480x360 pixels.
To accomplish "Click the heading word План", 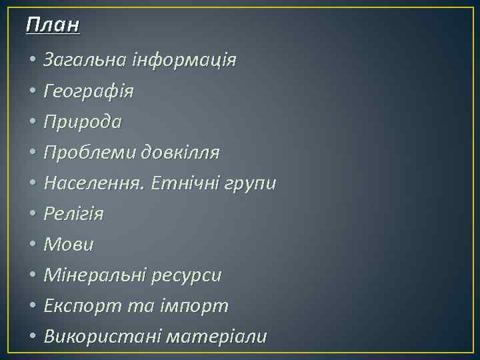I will point(53,25).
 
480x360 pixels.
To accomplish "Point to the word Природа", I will point(83,122).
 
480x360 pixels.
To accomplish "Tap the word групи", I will point(251,184).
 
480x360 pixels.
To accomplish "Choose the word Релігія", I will point(73,214).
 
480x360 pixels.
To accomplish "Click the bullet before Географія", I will point(33,92).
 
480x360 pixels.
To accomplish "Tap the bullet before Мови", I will point(33,245).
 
